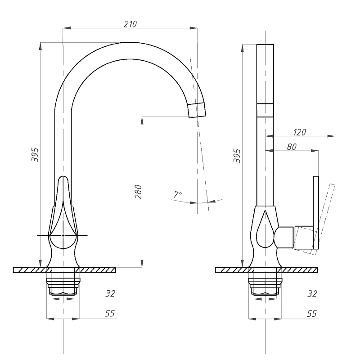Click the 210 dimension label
point(130,24)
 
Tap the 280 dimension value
point(138,192)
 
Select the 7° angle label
point(177,194)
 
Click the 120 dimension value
point(300,132)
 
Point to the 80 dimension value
point(292,147)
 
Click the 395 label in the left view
point(35,155)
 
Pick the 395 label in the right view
point(237,156)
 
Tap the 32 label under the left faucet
point(110,293)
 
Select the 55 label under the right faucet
point(312,313)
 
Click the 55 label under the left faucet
point(110,313)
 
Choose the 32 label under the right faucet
point(312,294)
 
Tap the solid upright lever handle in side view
point(316,212)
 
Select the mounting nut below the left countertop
point(63,286)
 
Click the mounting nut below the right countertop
point(265,286)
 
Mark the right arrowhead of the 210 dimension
point(193,28)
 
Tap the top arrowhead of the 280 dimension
point(142,121)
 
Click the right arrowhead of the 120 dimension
point(331,136)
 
